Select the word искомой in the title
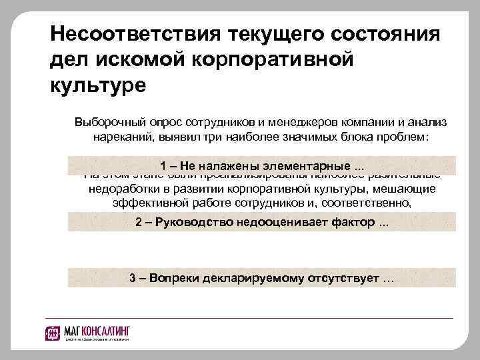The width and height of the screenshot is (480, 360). point(140,60)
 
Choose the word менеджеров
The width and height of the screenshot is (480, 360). point(289,123)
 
